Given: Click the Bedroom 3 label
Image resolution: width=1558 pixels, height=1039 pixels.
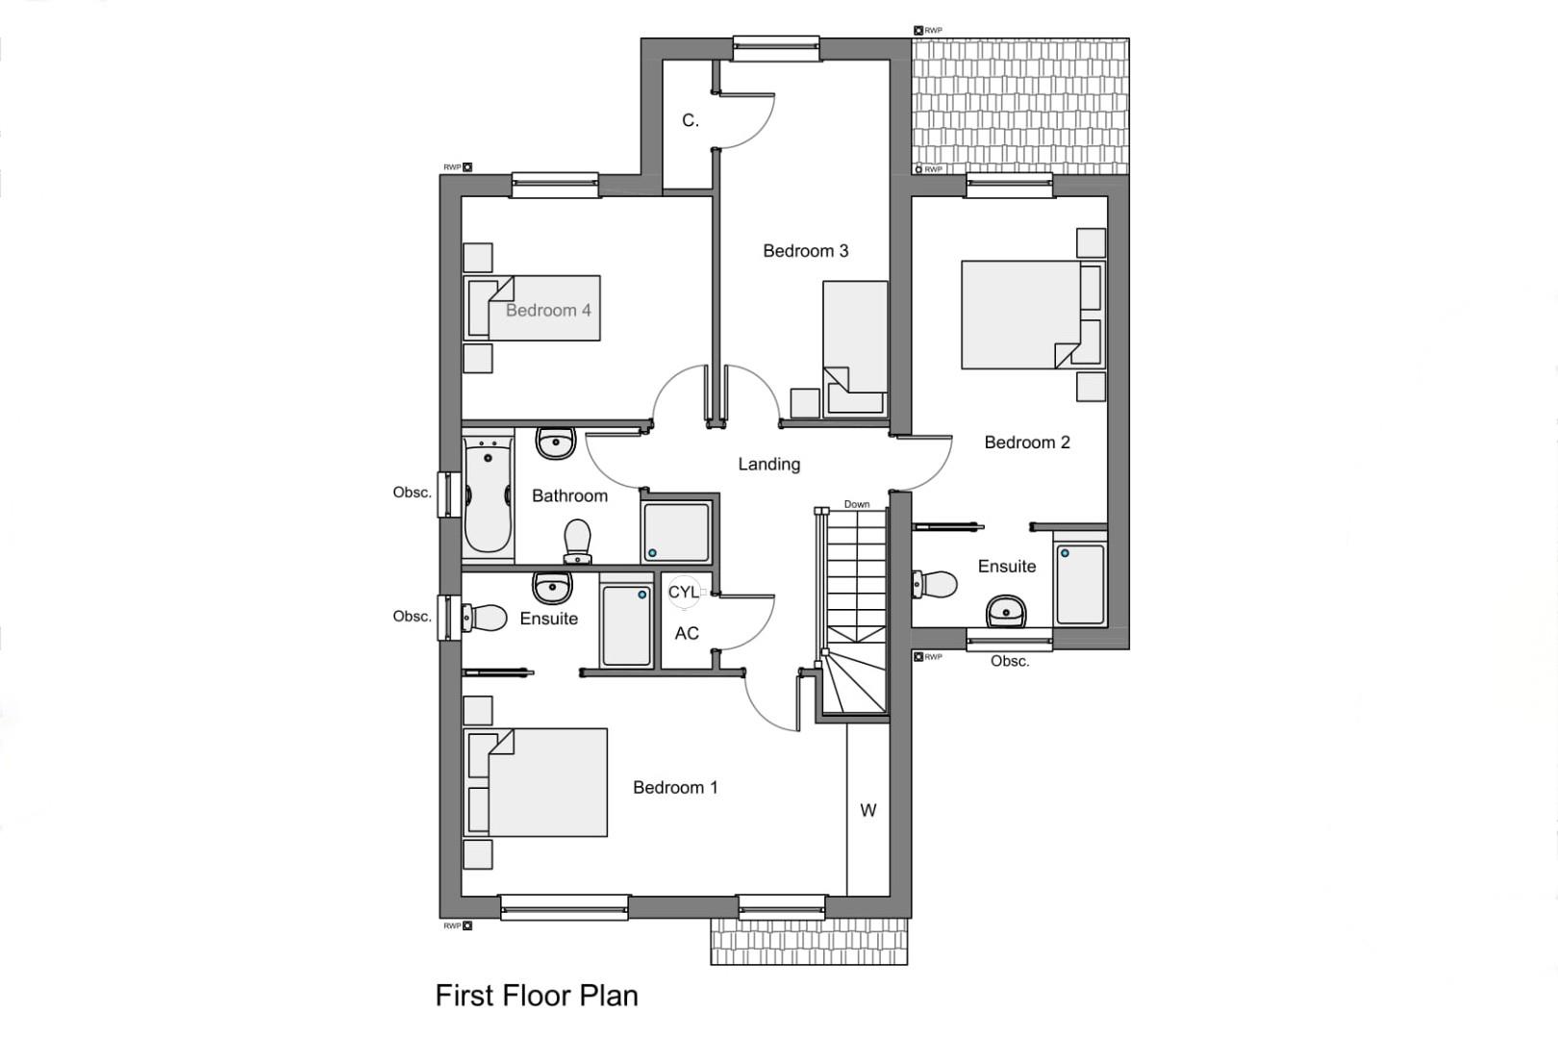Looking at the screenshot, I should tap(805, 251).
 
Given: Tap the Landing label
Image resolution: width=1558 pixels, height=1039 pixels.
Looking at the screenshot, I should tap(768, 464).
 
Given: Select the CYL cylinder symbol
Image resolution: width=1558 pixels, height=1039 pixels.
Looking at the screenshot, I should tap(683, 592).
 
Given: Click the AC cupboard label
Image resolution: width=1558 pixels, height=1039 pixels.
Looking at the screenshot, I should tap(686, 633).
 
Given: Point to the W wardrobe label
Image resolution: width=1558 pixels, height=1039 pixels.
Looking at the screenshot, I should tap(867, 810).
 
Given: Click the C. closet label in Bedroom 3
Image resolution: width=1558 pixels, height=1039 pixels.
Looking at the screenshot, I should tap(690, 120).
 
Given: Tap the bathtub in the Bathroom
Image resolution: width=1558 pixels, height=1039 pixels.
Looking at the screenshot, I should tap(488, 496).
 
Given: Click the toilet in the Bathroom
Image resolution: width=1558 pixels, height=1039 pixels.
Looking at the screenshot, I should tap(577, 540).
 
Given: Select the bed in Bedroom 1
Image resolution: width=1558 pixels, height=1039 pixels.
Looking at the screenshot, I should tap(539, 781).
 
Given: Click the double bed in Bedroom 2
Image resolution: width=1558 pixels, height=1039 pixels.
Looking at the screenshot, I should tap(1029, 315).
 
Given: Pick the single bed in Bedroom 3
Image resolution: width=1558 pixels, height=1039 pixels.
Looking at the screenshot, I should tap(855, 346).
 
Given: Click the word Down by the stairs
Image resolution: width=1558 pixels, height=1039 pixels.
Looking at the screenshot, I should tap(856, 504).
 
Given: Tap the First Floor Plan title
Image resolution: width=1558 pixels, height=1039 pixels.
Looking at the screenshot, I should tap(537, 995).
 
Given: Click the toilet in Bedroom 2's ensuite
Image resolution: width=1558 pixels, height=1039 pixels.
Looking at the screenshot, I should tap(935, 584).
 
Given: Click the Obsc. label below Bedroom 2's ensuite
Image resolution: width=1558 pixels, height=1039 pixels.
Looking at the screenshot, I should tap(1009, 661).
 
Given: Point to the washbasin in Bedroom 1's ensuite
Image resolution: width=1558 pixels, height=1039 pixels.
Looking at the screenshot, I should tap(552, 586).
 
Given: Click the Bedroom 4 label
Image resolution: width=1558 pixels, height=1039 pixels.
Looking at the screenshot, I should tap(548, 310).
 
